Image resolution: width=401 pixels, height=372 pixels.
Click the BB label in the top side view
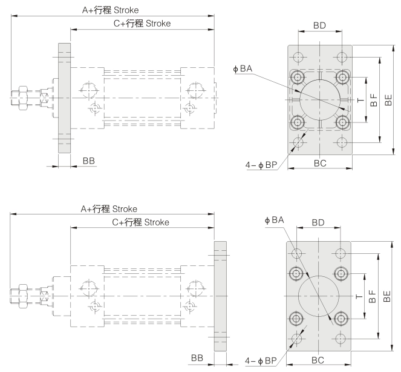coord(89,161)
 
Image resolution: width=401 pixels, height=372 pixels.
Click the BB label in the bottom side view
coord(197,358)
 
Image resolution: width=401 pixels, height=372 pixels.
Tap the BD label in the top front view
coord(320,25)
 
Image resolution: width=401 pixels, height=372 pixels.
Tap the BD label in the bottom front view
coord(318,222)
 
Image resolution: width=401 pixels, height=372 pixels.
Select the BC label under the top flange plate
coord(320,163)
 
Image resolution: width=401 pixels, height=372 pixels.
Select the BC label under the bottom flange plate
coord(318,360)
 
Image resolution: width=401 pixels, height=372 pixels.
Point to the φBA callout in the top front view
coord(243,68)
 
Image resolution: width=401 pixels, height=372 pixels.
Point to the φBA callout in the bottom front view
coord(275,220)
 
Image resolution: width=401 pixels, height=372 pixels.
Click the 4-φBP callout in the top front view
coord(261,165)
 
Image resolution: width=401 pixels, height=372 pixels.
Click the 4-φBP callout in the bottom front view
coord(261,360)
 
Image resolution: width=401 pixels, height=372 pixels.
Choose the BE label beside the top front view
coord(388,100)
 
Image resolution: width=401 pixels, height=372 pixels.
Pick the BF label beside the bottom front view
coord(373,296)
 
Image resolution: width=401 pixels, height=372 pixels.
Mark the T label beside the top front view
coord(360,100)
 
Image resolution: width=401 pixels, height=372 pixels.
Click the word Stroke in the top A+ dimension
coord(126,10)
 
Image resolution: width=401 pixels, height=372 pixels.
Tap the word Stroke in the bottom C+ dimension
coord(157,222)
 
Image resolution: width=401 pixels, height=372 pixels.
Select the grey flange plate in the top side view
coord(65,98)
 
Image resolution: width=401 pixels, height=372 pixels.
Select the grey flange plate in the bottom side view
coord(220,296)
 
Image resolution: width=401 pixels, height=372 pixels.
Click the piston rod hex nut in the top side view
coord(22,98)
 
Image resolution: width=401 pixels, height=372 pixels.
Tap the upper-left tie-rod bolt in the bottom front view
coord(296,273)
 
